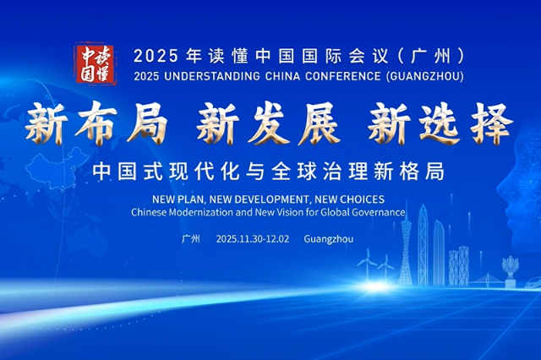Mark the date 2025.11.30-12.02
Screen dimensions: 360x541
point(252,239)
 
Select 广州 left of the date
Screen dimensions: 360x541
point(191,239)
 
